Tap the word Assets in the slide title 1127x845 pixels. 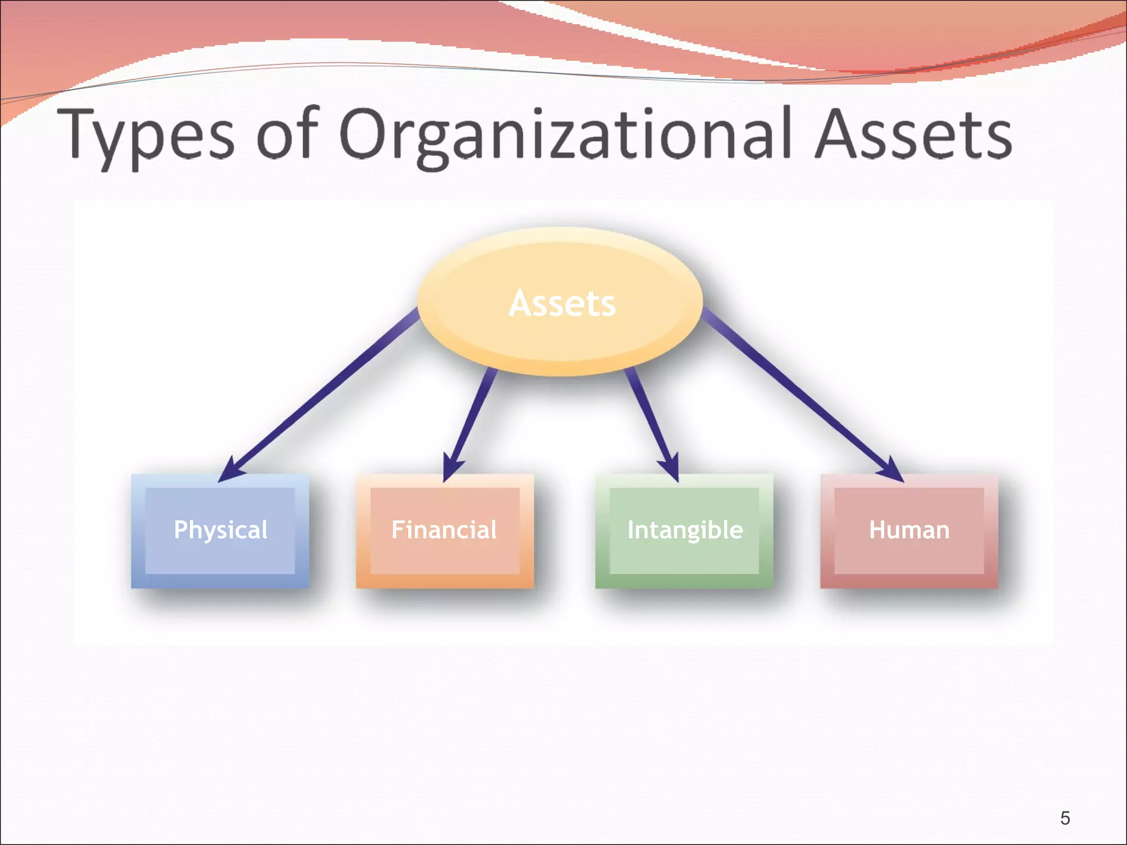(913, 135)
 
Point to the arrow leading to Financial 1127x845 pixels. (471, 421)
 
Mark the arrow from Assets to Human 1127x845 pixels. (798, 391)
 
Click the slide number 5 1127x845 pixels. (1065, 818)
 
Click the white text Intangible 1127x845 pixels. (685, 530)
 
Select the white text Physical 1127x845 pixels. (220, 530)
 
